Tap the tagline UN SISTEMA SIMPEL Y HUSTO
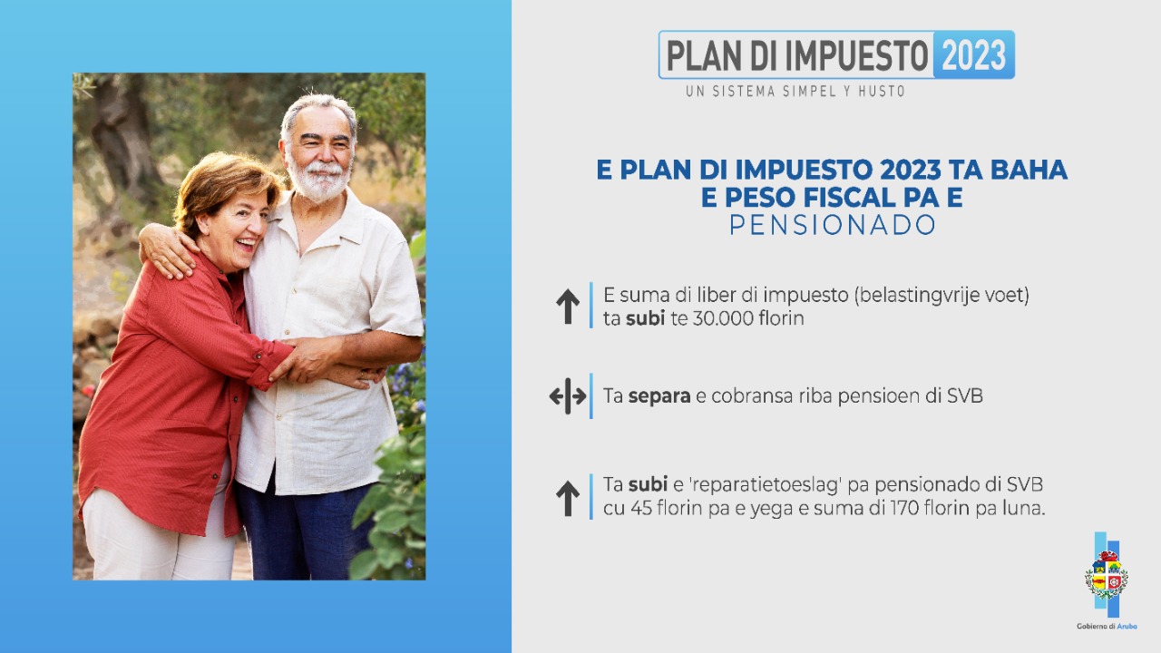point(795,91)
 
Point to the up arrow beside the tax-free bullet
point(568,307)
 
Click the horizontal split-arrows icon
point(568,396)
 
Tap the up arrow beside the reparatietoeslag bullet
point(568,498)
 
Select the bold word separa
point(659,396)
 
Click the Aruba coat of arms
point(1106,575)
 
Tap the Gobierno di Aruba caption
point(1107,626)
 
